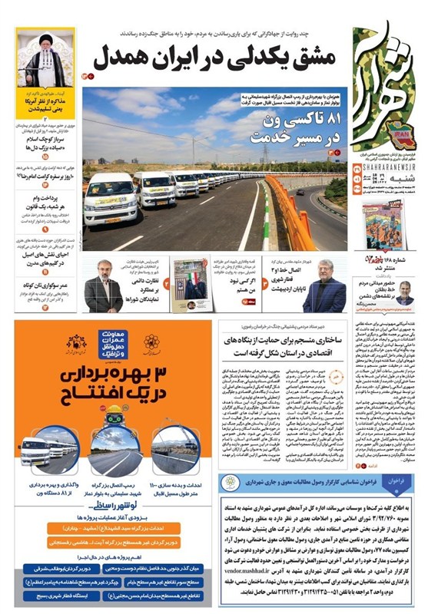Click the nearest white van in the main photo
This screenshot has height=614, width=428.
coord(110,202)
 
